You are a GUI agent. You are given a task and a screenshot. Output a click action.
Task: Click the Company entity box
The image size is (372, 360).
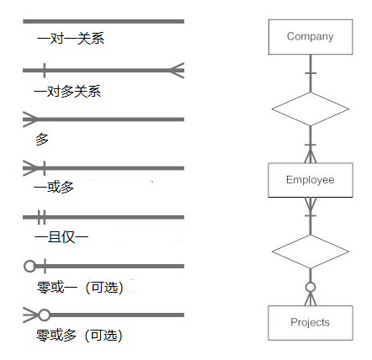[311, 37]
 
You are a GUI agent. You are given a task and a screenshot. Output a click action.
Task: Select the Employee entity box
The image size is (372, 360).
[311, 180]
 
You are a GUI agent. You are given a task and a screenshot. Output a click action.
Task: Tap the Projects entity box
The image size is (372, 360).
[311, 323]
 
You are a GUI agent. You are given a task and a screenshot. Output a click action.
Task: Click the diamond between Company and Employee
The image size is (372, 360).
[311, 109]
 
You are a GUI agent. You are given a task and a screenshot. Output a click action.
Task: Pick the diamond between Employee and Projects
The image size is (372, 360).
[311, 251]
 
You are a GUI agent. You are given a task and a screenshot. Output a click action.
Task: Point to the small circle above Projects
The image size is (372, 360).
[311, 287]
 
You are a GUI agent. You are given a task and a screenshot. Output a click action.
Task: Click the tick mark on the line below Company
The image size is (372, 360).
[311, 73]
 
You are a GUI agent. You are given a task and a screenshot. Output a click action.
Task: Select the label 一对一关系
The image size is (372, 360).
[71, 38]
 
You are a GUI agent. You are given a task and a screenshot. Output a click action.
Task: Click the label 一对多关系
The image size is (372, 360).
[67, 92]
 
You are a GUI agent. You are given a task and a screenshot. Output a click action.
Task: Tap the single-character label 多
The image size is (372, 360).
[42, 140]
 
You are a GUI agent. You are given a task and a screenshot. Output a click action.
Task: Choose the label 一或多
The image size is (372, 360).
[54, 187]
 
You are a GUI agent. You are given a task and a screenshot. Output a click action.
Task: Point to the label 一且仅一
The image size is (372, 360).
[61, 237]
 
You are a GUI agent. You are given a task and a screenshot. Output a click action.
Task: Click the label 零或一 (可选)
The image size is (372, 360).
[80, 288]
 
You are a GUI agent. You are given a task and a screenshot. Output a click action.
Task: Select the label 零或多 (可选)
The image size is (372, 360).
[79, 336]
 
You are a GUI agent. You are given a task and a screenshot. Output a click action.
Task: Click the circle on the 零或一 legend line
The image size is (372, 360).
[29, 266]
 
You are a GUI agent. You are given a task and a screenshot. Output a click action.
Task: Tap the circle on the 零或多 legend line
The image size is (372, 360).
[44, 315]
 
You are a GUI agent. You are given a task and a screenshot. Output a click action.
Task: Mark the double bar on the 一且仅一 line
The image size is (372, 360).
[41, 217]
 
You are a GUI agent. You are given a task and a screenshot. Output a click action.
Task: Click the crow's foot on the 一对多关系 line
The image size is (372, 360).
[177, 70]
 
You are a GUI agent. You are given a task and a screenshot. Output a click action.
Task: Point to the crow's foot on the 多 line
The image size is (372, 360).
[30, 119]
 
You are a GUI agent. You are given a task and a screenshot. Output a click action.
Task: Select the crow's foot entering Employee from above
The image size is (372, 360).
[311, 156]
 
